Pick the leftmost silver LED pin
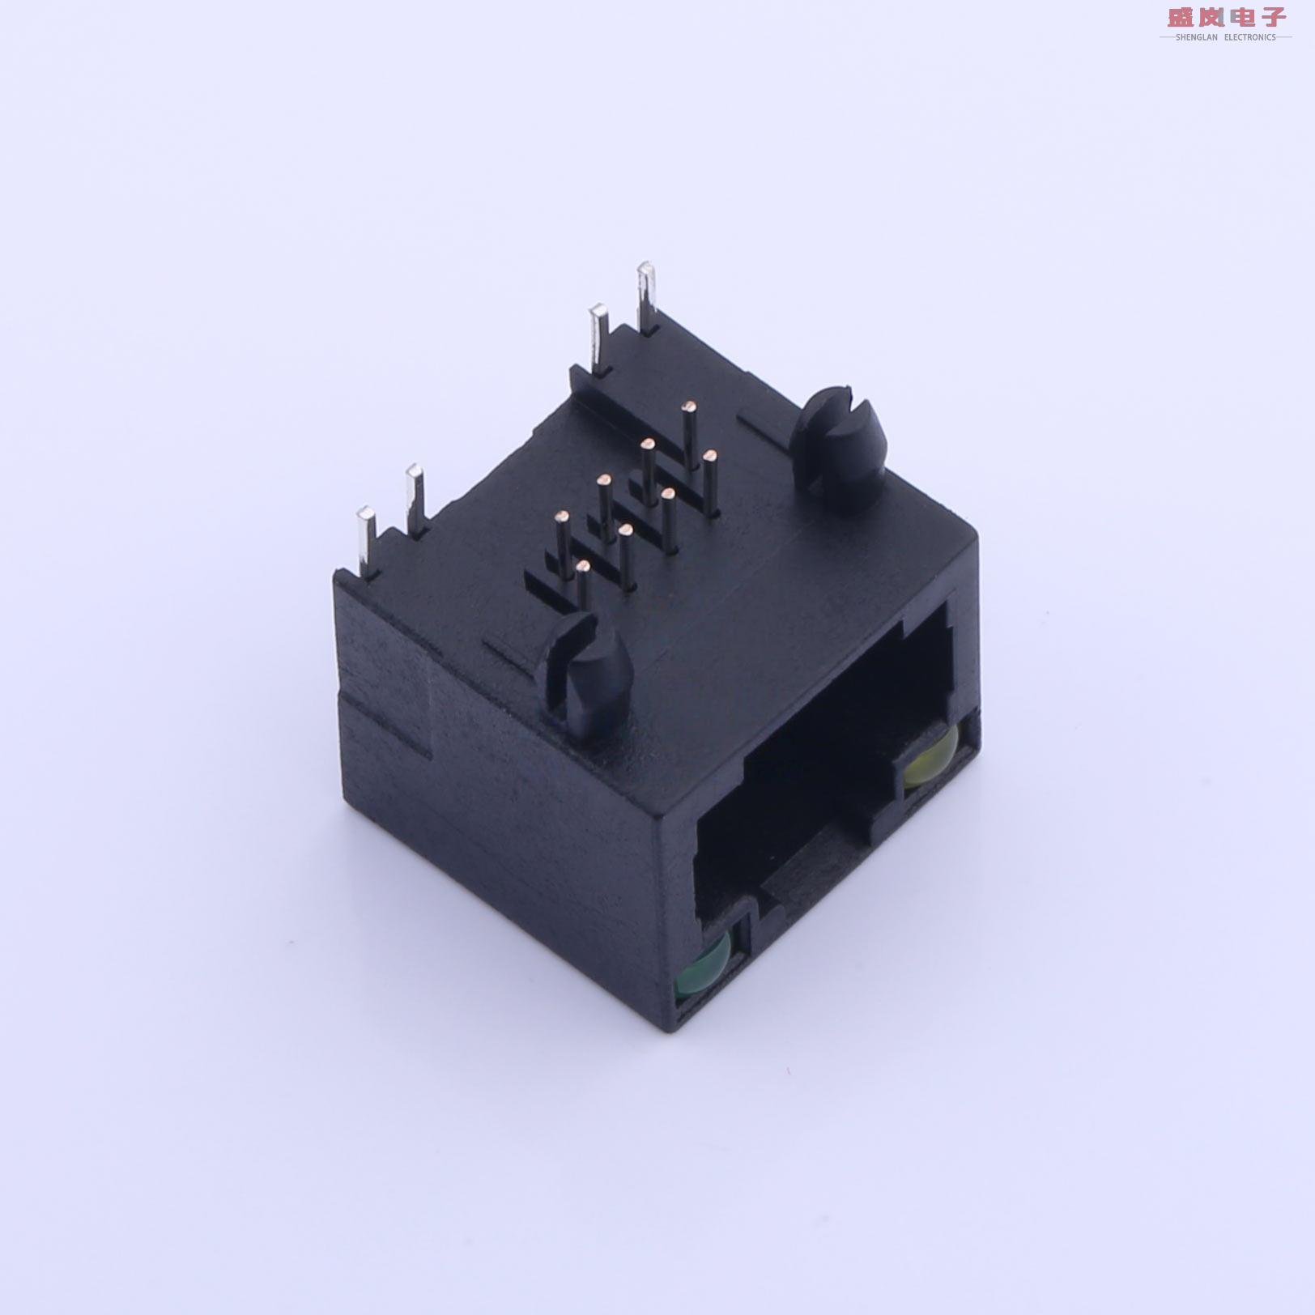[366, 541]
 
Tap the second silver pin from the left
[415, 499]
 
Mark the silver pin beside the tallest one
[599, 338]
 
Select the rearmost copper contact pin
[690, 433]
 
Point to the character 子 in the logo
[1272, 17]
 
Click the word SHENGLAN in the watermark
[1196, 37]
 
